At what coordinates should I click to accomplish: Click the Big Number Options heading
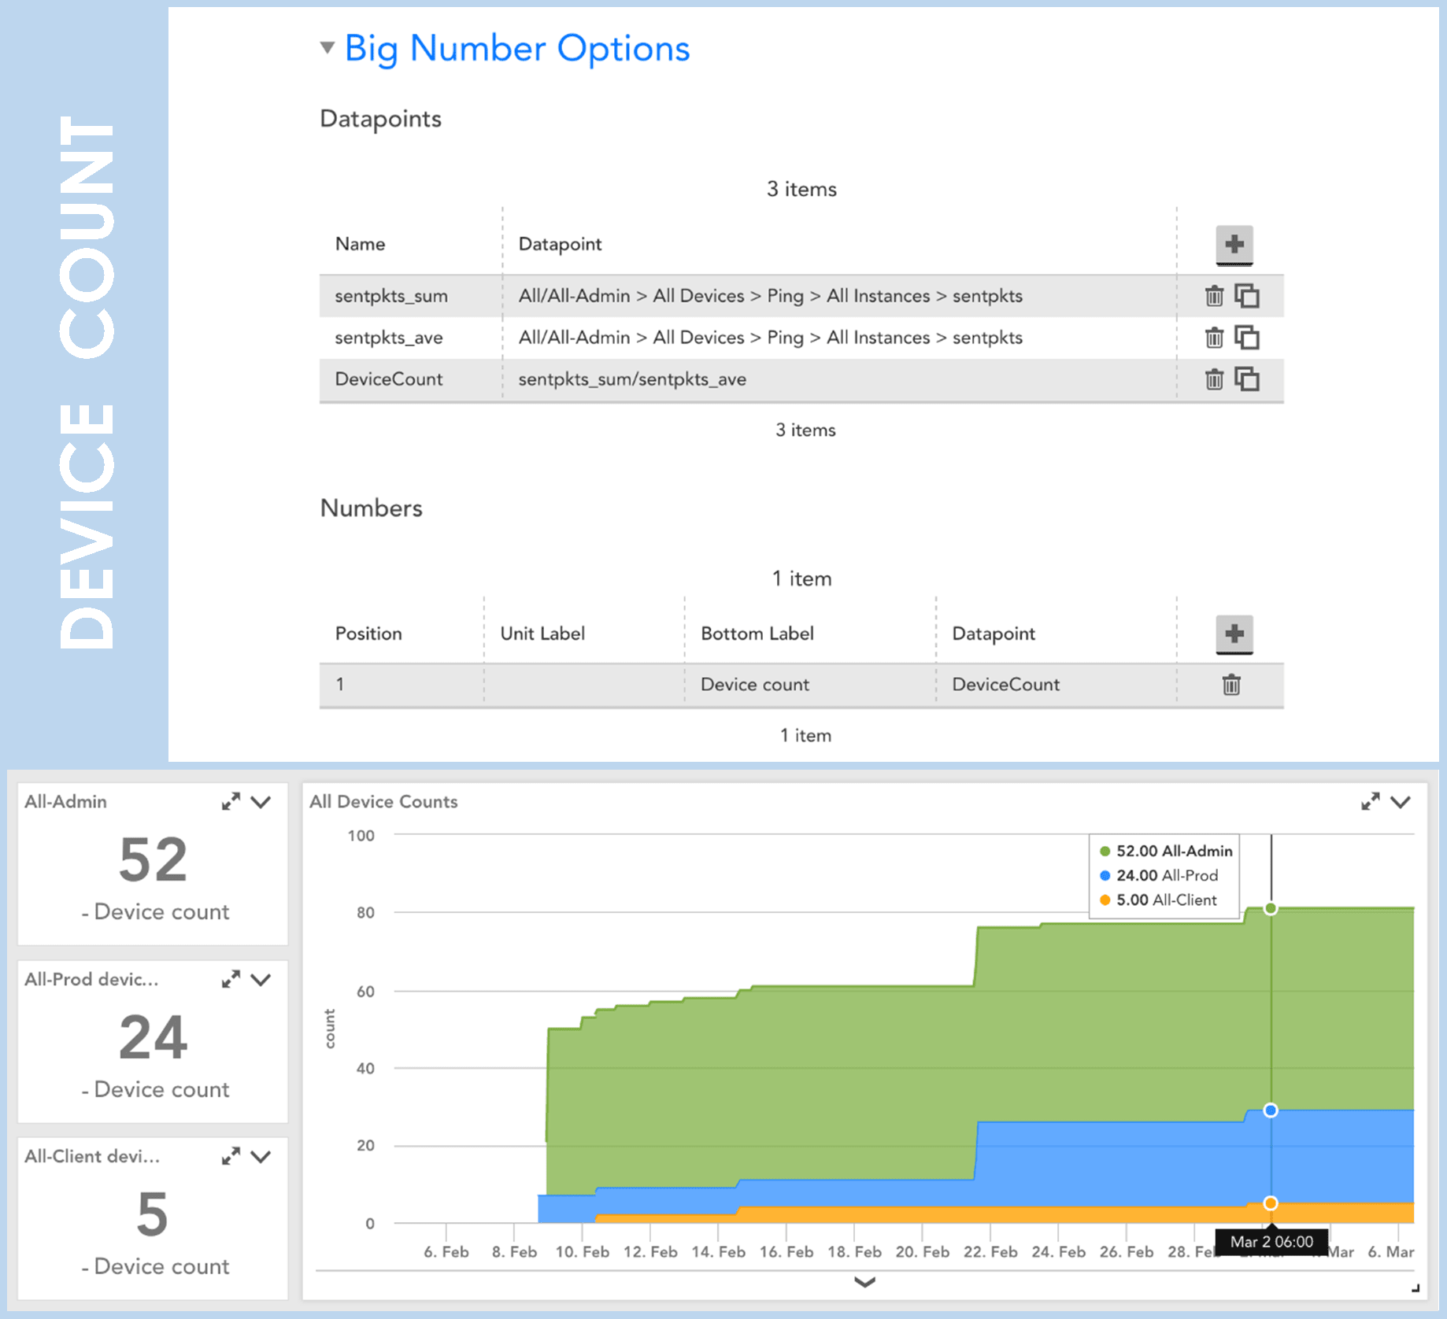click(x=517, y=49)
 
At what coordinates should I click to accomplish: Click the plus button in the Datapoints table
click(x=1234, y=245)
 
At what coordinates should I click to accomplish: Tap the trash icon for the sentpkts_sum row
click(x=1214, y=296)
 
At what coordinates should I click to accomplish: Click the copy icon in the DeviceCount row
click(x=1247, y=379)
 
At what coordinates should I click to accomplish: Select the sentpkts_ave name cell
click(x=389, y=338)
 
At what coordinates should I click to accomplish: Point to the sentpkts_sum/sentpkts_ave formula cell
click(x=632, y=379)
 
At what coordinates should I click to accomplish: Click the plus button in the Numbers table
click(x=1234, y=634)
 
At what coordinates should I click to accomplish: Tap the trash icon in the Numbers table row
click(x=1231, y=685)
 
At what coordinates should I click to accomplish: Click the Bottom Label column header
click(x=757, y=634)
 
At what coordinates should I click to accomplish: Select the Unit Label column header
click(x=542, y=634)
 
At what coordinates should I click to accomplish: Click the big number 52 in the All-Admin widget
click(x=153, y=859)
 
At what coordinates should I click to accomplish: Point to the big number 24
click(x=153, y=1037)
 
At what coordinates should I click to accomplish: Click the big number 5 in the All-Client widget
click(x=153, y=1214)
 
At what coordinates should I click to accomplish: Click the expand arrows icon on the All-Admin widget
click(x=231, y=802)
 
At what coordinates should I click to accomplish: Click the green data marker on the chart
click(x=1271, y=909)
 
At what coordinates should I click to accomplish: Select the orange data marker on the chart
click(x=1271, y=1203)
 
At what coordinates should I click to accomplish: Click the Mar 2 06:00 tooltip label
click(x=1271, y=1242)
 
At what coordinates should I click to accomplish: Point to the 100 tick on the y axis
click(x=361, y=836)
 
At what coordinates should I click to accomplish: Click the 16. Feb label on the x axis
click(x=786, y=1252)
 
